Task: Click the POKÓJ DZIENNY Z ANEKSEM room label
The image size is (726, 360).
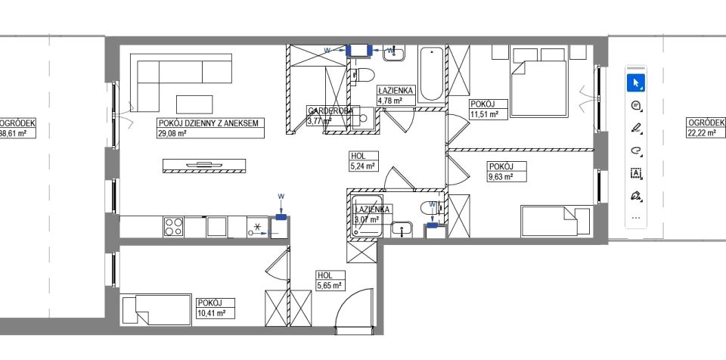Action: (209, 123)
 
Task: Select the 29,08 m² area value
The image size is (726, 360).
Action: (172, 133)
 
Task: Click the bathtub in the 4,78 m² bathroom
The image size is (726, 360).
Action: (431, 74)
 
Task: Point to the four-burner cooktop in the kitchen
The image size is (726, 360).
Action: (174, 226)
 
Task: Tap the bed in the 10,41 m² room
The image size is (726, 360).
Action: (156, 310)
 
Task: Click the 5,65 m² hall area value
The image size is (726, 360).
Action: (330, 286)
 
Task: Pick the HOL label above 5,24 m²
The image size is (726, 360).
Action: (356, 157)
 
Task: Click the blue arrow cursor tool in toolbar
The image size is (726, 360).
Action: (635, 82)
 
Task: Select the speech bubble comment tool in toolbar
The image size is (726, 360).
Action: (635, 105)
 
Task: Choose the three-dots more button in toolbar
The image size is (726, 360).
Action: (635, 217)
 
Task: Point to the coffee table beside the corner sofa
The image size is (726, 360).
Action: (195, 104)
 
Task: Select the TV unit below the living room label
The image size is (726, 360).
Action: (204, 166)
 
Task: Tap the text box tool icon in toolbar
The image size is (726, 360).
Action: (635, 173)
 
